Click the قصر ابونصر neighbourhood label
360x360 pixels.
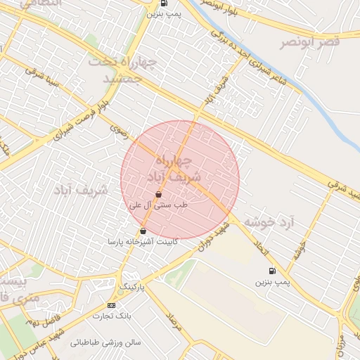[x=310, y=43]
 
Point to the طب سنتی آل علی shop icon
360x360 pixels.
[x=159, y=193]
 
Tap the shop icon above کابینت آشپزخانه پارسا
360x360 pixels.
[x=143, y=231]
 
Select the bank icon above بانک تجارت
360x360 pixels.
[x=111, y=306]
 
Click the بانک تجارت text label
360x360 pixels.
[x=112, y=316]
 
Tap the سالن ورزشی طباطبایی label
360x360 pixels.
[x=105, y=344]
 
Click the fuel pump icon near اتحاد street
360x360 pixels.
[x=271, y=271]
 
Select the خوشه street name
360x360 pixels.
[x=300, y=249]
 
